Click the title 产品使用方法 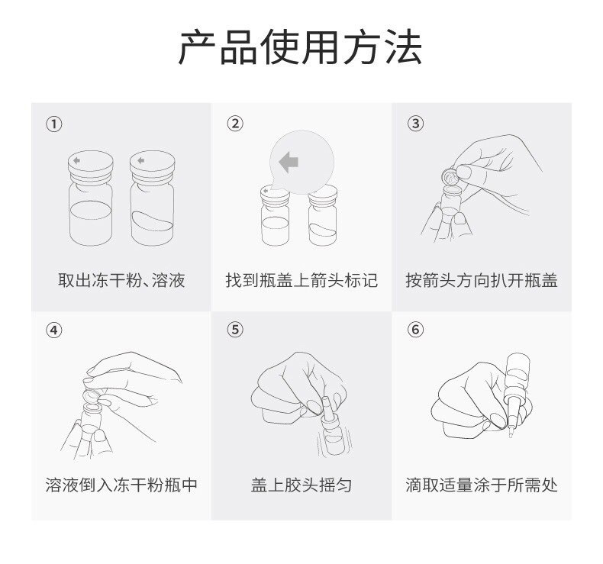[x=300, y=47]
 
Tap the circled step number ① [x=54, y=124]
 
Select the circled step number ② [x=236, y=124]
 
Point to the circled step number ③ [x=416, y=124]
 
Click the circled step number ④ [x=54, y=330]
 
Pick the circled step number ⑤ [x=236, y=330]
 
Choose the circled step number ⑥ [x=416, y=330]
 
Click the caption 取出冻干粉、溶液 [x=121, y=280]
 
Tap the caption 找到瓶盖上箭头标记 [x=301, y=280]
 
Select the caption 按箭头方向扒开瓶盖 [x=482, y=280]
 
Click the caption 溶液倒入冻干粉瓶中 [x=121, y=485]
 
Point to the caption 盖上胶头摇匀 [x=301, y=485]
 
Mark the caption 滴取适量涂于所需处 [x=482, y=485]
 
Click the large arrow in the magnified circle [x=289, y=162]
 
